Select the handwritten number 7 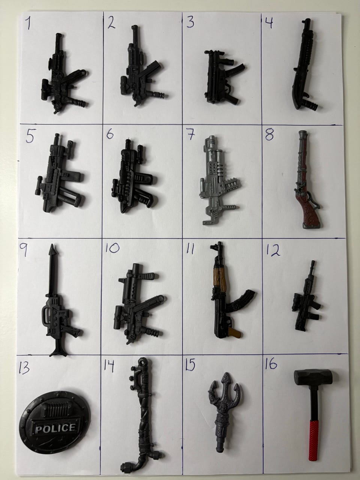(191, 135)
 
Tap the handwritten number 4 (269, 23)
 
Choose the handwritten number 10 (112, 248)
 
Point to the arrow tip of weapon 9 (52, 248)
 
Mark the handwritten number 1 (28, 23)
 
